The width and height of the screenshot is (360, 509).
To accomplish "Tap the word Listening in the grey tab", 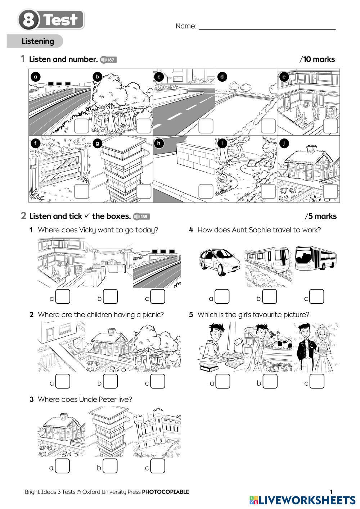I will click(37, 41).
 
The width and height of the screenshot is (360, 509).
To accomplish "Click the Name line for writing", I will click(267, 27).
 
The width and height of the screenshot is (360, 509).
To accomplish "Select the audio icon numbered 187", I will click(108, 60).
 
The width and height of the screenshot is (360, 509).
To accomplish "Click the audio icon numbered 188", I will click(141, 217).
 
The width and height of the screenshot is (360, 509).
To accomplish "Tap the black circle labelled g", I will click(97, 144).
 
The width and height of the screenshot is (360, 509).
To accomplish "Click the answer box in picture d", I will click(268, 126).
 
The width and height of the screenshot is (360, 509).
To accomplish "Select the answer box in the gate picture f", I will click(82, 191).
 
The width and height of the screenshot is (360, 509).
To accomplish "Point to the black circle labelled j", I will click(284, 144).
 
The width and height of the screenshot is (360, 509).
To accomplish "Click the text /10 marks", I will click(317, 60).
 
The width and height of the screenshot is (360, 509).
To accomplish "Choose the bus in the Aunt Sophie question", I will click(315, 258).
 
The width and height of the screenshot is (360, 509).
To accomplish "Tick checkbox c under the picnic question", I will click(158, 382).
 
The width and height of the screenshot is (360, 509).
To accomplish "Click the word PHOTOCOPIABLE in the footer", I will click(165, 492).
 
